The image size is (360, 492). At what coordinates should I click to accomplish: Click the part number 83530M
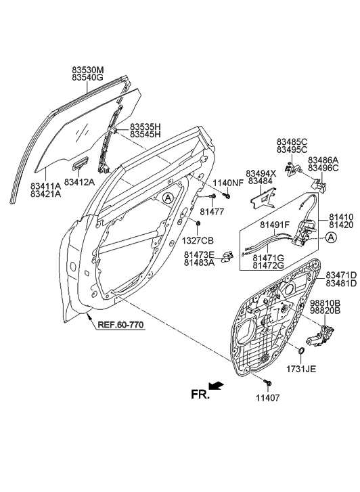pos(88,70)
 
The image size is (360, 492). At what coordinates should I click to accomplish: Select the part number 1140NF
pos(228,183)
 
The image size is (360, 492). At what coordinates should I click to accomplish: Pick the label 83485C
pos(292,141)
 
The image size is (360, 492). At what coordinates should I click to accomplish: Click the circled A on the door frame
pos(167,197)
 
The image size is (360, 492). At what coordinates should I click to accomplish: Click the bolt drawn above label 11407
pos(268,384)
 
